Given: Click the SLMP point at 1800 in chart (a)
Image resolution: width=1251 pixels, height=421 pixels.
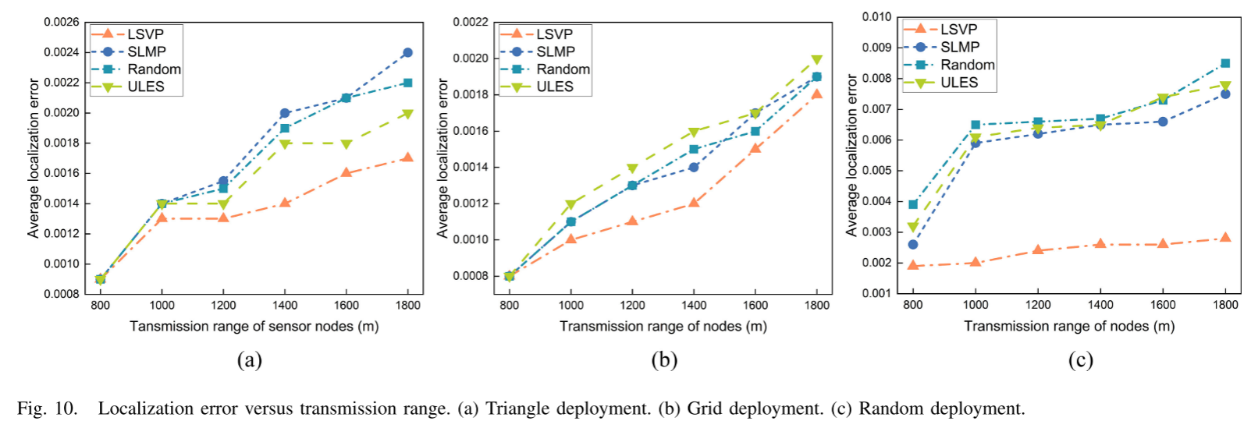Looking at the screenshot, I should (407, 53).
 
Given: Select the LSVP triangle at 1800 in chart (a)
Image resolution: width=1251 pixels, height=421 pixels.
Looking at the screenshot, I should (407, 157).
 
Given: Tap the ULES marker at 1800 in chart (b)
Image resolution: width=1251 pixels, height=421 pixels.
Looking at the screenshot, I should (816, 60).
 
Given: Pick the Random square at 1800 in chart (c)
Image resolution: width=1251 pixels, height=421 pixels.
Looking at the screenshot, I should (1225, 63).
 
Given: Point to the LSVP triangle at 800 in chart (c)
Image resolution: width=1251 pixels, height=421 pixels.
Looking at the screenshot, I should (913, 265).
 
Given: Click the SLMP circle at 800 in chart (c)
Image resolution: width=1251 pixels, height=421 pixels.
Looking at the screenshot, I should (913, 245).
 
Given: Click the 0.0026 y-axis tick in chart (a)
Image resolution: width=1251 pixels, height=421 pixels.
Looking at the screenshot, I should (62, 23).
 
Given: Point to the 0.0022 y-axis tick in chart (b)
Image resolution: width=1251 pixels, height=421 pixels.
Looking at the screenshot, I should (471, 23).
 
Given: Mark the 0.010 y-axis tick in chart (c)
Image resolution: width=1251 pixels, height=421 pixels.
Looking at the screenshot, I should (876, 17).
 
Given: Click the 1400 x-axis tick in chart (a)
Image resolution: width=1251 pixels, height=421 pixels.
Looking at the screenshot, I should (285, 306).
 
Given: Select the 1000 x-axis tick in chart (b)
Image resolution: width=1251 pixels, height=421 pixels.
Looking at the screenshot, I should (571, 306).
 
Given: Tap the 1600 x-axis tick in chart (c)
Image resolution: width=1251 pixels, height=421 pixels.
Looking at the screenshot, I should (1163, 305).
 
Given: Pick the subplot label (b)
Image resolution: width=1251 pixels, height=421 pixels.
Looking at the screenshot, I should (664, 360).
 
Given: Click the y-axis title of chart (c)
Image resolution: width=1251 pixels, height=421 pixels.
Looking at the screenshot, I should (851, 156).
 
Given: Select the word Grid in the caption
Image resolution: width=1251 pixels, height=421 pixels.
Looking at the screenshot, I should (702, 409).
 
